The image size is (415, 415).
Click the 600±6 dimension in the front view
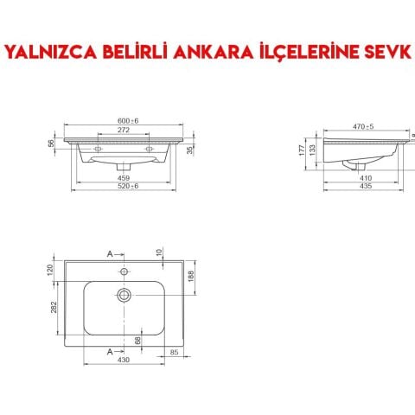click(128, 120)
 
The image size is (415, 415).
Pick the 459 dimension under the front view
click(126, 179)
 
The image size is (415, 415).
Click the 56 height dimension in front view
click(50, 144)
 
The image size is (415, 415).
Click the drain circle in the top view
click(124, 295)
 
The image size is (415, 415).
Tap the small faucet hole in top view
click(124, 271)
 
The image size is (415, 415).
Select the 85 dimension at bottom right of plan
click(174, 352)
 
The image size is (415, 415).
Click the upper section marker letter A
click(110, 253)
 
